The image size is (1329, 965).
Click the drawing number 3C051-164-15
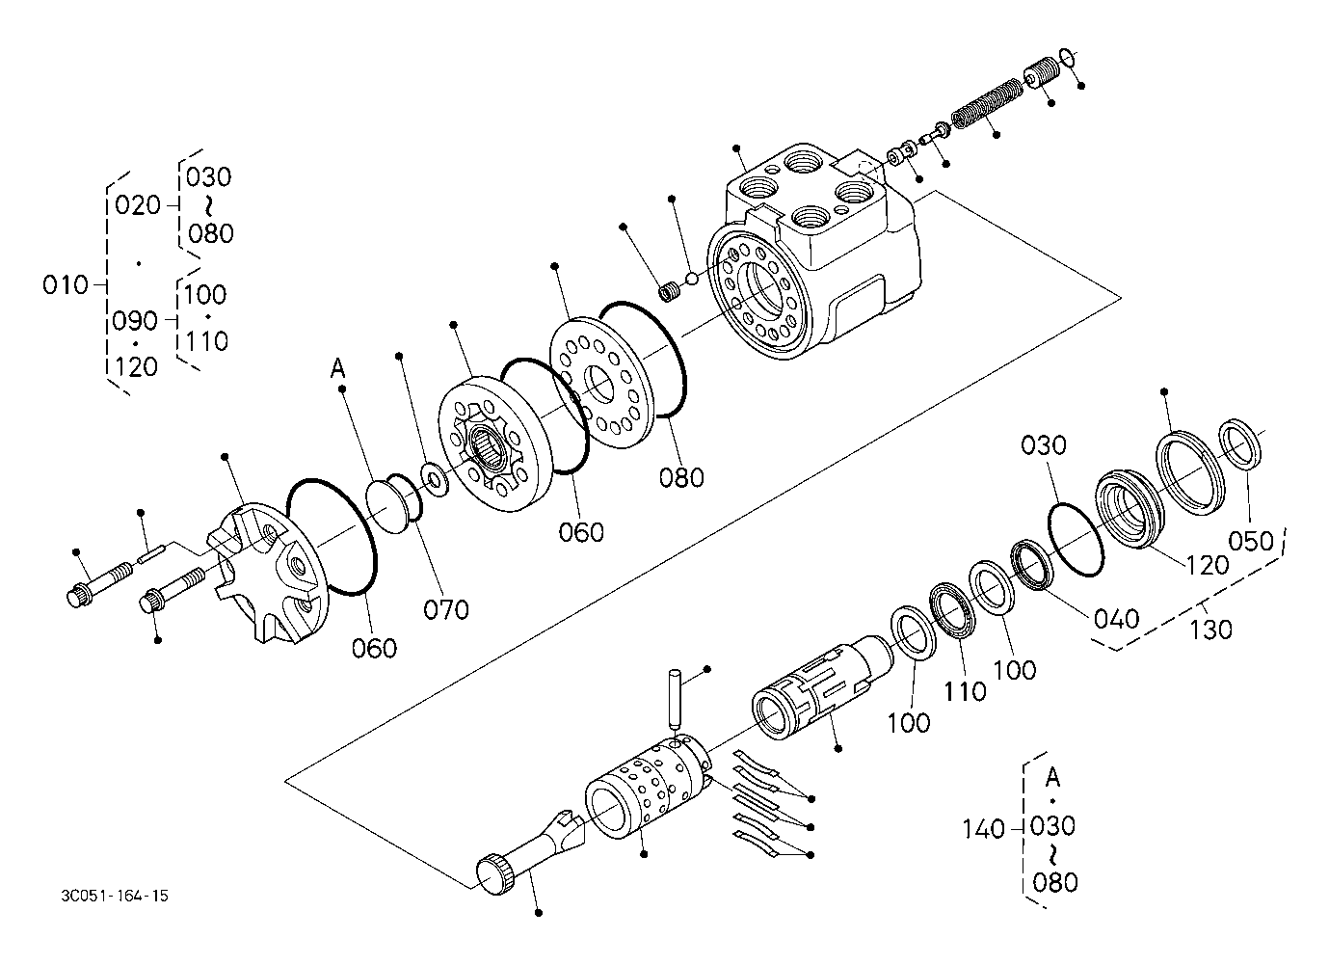click(x=115, y=896)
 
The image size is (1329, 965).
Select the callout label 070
click(x=446, y=610)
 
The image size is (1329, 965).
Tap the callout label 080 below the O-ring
click(x=681, y=478)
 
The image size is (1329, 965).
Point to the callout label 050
click(x=1251, y=541)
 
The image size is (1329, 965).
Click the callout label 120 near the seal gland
click(x=1208, y=566)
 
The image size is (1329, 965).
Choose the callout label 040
click(x=1117, y=620)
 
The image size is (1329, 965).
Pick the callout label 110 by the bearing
click(x=965, y=692)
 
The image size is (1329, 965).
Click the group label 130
click(x=1210, y=630)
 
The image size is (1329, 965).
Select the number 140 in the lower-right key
click(x=983, y=830)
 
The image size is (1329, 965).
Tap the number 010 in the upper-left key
click(x=66, y=285)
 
